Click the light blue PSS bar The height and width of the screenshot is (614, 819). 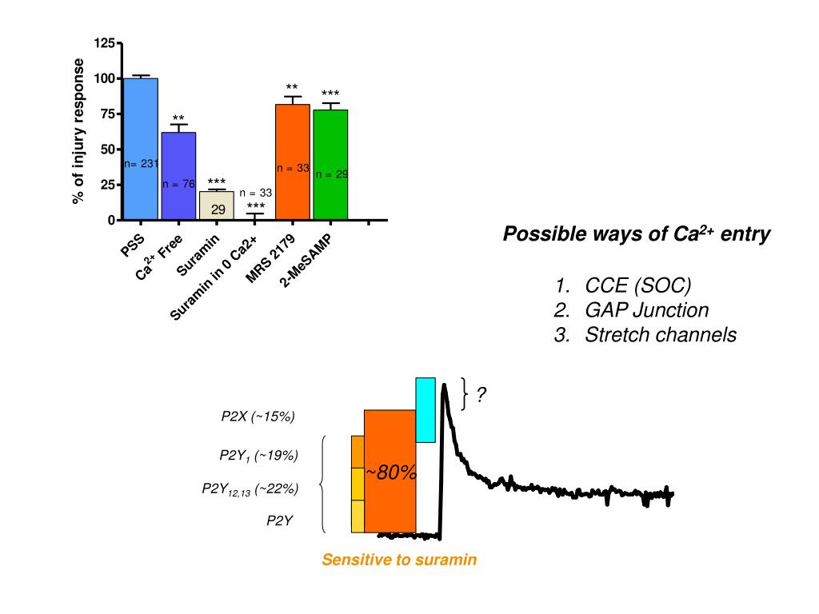pyautogui.click(x=141, y=120)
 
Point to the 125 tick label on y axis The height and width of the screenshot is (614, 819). pyautogui.click(x=104, y=42)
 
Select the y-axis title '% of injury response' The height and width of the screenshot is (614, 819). pyautogui.click(x=78, y=131)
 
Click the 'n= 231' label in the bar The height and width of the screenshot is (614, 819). pyautogui.click(x=141, y=164)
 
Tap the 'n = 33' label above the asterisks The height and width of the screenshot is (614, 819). pyautogui.click(x=256, y=193)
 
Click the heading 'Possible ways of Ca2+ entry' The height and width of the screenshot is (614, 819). pyautogui.click(x=637, y=235)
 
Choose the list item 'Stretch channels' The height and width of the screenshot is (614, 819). pyautogui.click(x=661, y=335)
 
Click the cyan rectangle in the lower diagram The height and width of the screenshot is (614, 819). pyautogui.click(x=425, y=409)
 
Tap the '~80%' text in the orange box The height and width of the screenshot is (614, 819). pyautogui.click(x=391, y=472)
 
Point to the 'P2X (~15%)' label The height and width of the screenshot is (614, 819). pyautogui.click(x=258, y=416)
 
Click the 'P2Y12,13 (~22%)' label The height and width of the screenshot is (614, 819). pyautogui.click(x=250, y=489)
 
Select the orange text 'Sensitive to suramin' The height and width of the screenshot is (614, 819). pyautogui.click(x=399, y=560)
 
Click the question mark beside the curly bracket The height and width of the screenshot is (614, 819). pyautogui.click(x=481, y=395)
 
